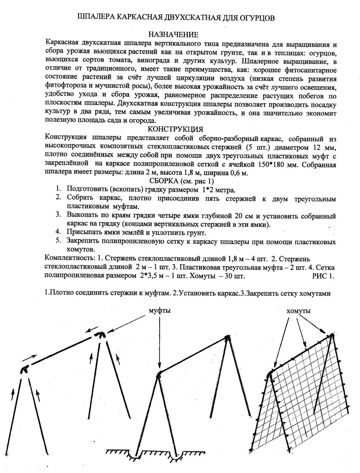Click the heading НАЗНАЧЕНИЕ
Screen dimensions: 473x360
click(x=173, y=34)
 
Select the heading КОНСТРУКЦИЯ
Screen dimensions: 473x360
click(x=175, y=129)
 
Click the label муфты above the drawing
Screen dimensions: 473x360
click(x=160, y=310)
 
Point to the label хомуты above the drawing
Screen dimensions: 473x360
click(x=298, y=311)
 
